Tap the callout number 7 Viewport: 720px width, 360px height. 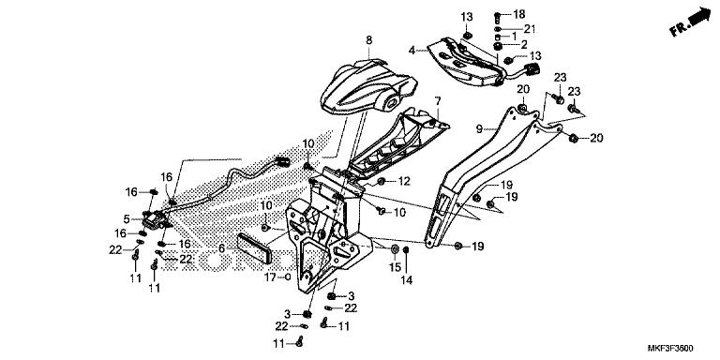[436, 99]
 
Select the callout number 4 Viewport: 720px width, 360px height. [411, 50]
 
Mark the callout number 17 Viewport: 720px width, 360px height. [268, 277]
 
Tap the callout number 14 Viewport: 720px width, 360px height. [408, 279]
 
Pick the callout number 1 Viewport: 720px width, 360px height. [527, 36]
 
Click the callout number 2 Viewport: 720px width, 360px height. [525, 45]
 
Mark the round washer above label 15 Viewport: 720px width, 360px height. [395, 248]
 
